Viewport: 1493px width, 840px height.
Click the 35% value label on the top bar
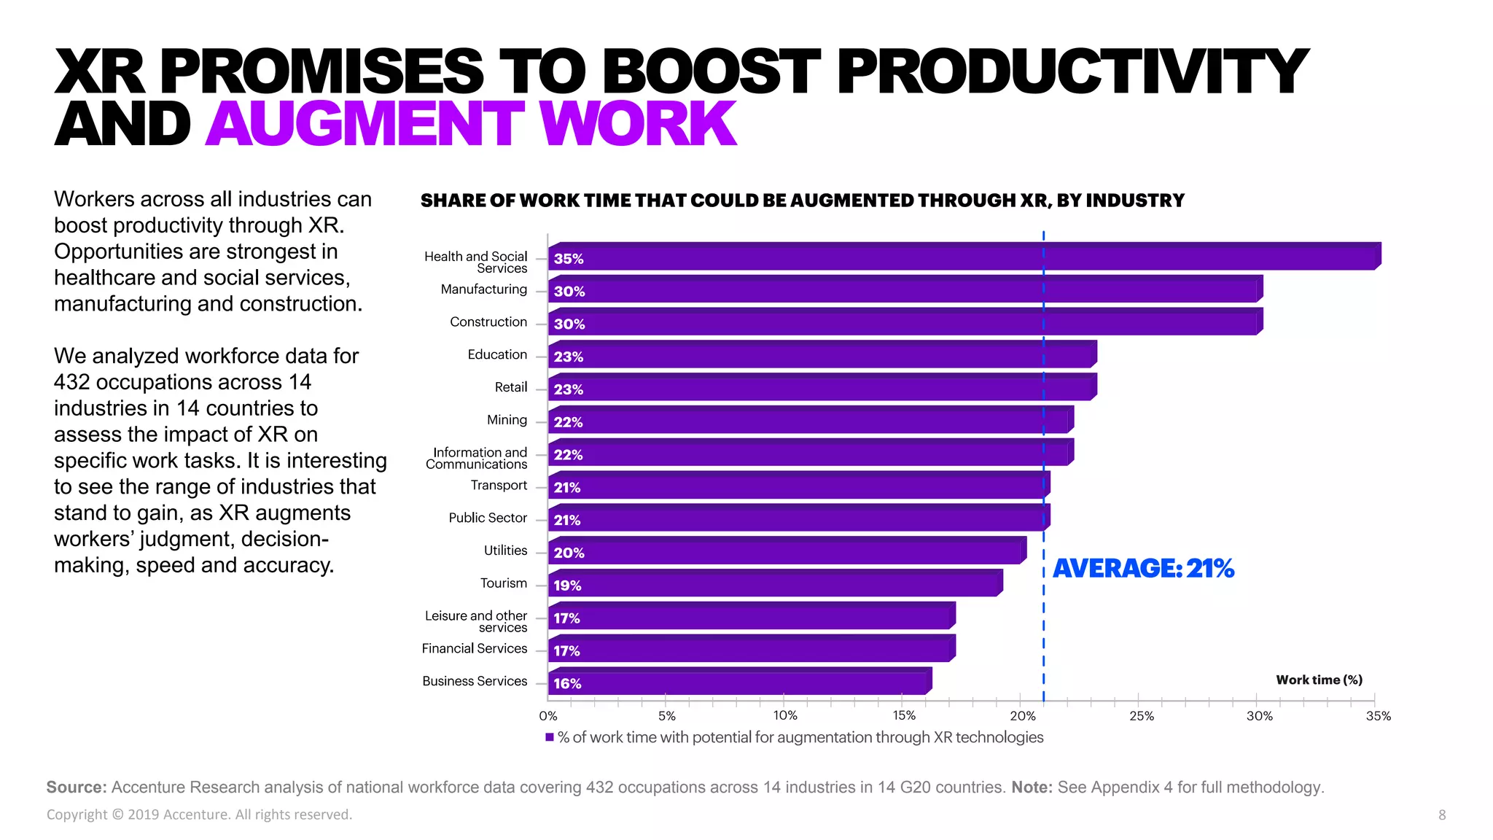coord(568,259)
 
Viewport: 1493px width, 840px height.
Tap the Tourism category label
coord(503,583)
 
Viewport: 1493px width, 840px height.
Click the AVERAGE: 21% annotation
coord(1143,568)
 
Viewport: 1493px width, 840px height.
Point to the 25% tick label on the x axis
coord(1141,716)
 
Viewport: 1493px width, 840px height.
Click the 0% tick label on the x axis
coord(548,716)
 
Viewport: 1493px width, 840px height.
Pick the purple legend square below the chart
coord(550,737)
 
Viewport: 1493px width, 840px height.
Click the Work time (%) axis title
coord(1319,680)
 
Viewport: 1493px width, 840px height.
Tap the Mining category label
coord(507,420)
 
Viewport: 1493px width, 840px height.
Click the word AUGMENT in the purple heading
coord(365,124)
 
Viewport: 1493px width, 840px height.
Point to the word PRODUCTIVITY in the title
coord(1072,71)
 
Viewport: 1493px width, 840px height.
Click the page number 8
coord(1441,815)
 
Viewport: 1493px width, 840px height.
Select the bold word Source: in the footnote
coord(77,787)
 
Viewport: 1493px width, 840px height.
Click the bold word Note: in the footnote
coord(1031,787)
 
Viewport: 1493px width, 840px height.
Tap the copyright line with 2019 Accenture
coord(199,814)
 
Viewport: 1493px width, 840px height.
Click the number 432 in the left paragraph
coord(73,382)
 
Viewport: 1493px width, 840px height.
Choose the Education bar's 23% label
coord(568,357)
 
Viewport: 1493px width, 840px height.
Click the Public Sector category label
coord(487,518)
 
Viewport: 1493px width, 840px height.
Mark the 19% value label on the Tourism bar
coord(566,586)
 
